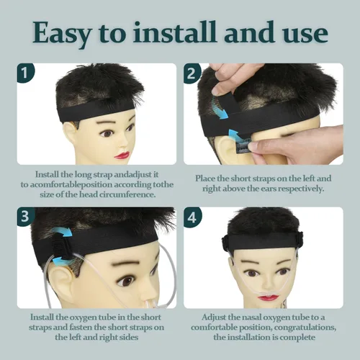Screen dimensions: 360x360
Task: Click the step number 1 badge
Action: tap(25, 73)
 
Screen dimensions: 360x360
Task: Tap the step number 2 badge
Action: tap(192, 73)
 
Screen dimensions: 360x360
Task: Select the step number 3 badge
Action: tap(25, 216)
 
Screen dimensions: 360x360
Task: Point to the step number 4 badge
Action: tap(192, 217)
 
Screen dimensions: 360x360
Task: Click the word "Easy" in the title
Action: tap(62, 34)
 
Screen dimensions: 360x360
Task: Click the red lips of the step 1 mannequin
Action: tap(122, 156)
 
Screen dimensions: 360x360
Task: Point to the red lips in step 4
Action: tap(266, 298)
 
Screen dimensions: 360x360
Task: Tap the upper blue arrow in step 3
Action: tap(62, 231)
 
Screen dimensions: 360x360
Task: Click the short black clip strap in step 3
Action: tap(62, 247)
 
